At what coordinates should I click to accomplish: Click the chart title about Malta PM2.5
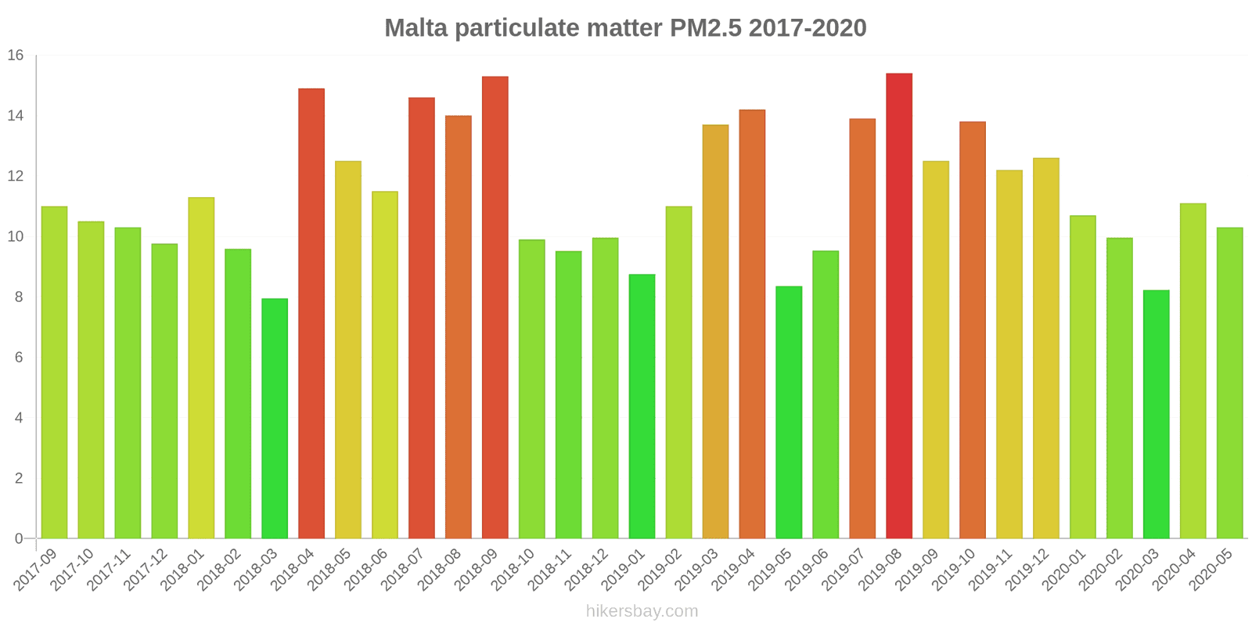tap(625, 28)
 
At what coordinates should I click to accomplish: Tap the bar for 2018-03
tap(275, 418)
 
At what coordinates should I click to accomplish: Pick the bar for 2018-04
tap(311, 313)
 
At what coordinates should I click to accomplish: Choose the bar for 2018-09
tap(495, 307)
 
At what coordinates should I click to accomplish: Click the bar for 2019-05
tap(789, 412)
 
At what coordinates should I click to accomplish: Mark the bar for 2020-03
tap(1156, 414)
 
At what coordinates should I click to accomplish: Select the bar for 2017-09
tap(54, 372)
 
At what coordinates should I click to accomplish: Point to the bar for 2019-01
tap(642, 406)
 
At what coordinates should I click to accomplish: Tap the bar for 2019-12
tap(1045, 348)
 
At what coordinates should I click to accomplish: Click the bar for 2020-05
tap(1229, 383)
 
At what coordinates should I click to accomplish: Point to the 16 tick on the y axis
tap(16, 56)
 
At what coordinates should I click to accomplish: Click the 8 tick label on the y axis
tap(19, 297)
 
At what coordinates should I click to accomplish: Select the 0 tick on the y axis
tap(19, 538)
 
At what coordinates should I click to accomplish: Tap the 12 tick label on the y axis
tap(16, 176)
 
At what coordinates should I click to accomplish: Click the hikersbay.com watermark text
tap(642, 611)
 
